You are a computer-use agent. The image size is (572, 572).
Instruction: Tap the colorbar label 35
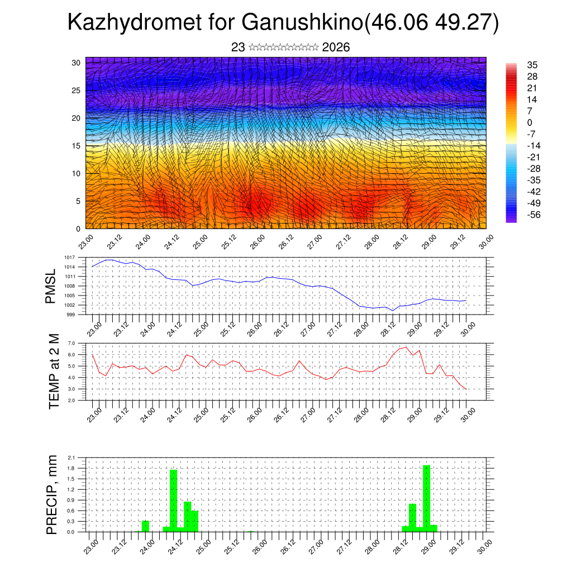click(x=532, y=65)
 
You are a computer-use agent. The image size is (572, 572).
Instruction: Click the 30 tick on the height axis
click(x=75, y=63)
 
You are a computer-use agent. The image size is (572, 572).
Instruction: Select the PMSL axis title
click(x=51, y=286)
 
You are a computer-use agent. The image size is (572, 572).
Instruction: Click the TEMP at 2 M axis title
click(x=54, y=371)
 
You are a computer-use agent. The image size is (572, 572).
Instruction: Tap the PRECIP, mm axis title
click(x=51, y=495)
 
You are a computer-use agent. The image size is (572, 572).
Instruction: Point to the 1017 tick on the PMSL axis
click(x=70, y=258)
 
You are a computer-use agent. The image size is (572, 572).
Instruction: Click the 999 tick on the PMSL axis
click(x=71, y=314)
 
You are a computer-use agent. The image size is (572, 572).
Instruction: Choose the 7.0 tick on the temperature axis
click(x=71, y=343)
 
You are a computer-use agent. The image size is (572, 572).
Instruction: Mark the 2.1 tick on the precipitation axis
click(x=71, y=457)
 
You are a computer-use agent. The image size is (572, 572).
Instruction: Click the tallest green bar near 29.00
click(x=426, y=497)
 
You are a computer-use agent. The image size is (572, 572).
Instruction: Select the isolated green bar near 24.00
click(x=145, y=526)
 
